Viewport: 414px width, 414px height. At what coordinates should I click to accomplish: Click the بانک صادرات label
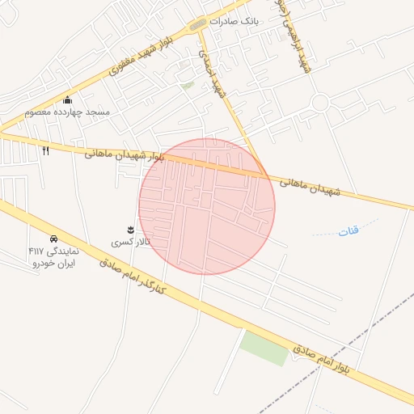233,22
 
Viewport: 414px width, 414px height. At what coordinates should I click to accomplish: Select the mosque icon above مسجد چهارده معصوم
66,99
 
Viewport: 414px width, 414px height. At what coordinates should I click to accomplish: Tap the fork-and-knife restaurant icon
45,150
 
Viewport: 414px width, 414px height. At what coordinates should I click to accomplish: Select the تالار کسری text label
128,242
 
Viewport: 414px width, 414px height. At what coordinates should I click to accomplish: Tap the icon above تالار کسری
131,230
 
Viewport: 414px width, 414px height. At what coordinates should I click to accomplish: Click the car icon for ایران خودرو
53,239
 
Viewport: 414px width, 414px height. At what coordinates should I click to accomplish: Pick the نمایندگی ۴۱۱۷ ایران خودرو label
53,257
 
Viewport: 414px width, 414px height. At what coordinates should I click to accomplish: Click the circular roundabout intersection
319,103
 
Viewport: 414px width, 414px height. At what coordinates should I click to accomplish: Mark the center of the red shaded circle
207,206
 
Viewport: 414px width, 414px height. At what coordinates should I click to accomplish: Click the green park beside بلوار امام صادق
264,346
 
